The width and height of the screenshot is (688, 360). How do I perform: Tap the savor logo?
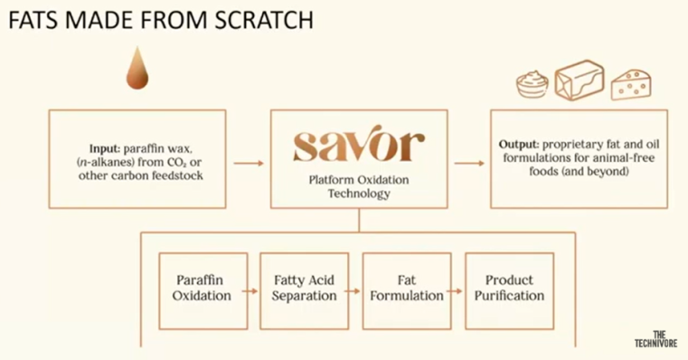pyautogui.click(x=359, y=143)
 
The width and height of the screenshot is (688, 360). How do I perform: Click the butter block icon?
pyautogui.click(x=580, y=81)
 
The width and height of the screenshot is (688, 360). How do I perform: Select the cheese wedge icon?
pyautogui.click(x=631, y=84)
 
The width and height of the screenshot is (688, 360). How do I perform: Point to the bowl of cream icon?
pyautogui.click(x=532, y=84)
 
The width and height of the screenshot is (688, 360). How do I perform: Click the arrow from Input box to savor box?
pyautogui.click(x=249, y=164)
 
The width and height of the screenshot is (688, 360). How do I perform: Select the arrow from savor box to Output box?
pyautogui.click(x=469, y=164)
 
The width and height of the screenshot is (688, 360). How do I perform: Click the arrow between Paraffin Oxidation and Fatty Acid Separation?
pyautogui.click(x=250, y=290)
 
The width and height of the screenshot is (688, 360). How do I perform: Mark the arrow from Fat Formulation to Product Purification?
pyautogui.click(x=455, y=290)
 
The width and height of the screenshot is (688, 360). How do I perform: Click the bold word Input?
pyautogui.click(x=105, y=149)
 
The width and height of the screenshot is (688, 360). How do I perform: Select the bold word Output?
pyautogui.click(x=519, y=145)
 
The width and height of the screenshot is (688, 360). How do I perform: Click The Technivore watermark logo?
pyautogui.click(x=655, y=339)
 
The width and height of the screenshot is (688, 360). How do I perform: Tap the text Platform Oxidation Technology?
pyautogui.click(x=359, y=186)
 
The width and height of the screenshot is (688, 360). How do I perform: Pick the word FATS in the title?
pyautogui.click(x=33, y=20)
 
